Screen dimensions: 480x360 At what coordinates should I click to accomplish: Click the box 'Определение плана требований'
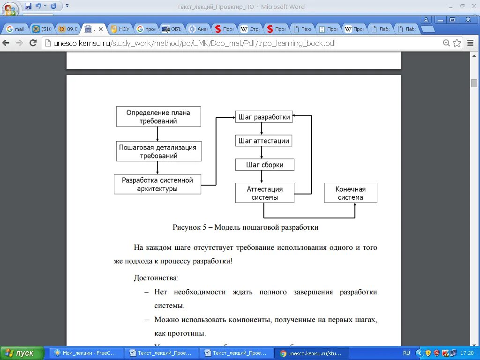click(x=158, y=116)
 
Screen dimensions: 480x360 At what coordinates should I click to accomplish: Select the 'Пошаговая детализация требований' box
click(x=158, y=151)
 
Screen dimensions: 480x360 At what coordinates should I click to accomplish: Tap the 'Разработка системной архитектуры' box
click(x=157, y=184)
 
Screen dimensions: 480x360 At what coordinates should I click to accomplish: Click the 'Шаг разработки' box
click(x=264, y=117)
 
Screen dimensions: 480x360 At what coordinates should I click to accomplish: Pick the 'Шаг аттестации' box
click(x=264, y=141)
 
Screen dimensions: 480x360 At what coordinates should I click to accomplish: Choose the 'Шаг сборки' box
click(x=265, y=165)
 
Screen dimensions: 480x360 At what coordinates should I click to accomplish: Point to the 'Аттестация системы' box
click(x=264, y=193)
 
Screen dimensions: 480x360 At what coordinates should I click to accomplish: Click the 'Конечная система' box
click(x=350, y=193)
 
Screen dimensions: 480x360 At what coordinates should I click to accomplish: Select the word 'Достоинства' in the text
click(x=156, y=278)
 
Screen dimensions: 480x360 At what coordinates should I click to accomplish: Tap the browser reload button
click(x=33, y=43)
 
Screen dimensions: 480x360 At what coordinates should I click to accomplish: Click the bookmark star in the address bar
click(x=457, y=43)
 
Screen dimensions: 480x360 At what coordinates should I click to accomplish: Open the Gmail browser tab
click(x=15, y=29)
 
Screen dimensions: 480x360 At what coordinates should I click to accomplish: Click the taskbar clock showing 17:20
click(x=467, y=353)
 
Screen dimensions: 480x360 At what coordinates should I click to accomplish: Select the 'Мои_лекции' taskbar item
click(x=87, y=353)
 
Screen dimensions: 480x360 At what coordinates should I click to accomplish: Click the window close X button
click(x=467, y=20)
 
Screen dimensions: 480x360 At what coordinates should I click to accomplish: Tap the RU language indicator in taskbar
click(x=406, y=353)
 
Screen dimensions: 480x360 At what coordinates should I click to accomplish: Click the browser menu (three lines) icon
click(x=470, y=43)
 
